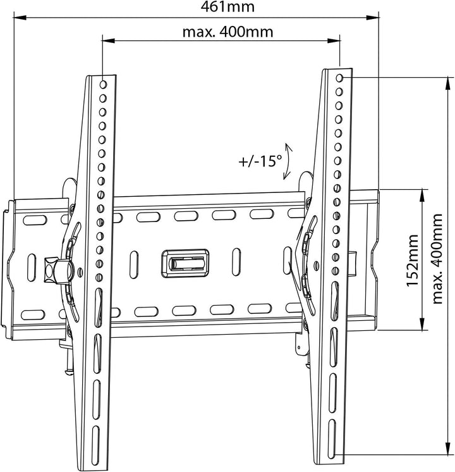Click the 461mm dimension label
click(x=227, y=6)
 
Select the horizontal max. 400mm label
click(x=227, y=32)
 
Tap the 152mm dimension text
click(x=412, y=261)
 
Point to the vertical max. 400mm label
click(x=437, y=259)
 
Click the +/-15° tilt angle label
click(x=260, y=161)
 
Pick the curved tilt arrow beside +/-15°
click(x=288, y=161)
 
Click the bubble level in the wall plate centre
click(x=185, y=263)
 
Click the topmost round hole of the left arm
click(x=103, y=84)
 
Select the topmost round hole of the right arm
click(x=340, y=78)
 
